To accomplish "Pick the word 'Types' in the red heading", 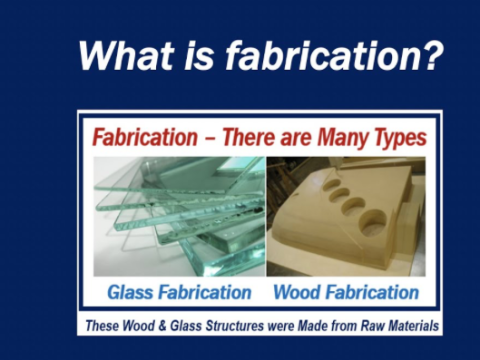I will click(394, 137).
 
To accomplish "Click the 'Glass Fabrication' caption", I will click(179, 292).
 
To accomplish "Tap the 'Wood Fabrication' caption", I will click(346, 292).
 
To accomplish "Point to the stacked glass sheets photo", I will click(179, 215).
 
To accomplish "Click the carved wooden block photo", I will click(345, 215).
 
